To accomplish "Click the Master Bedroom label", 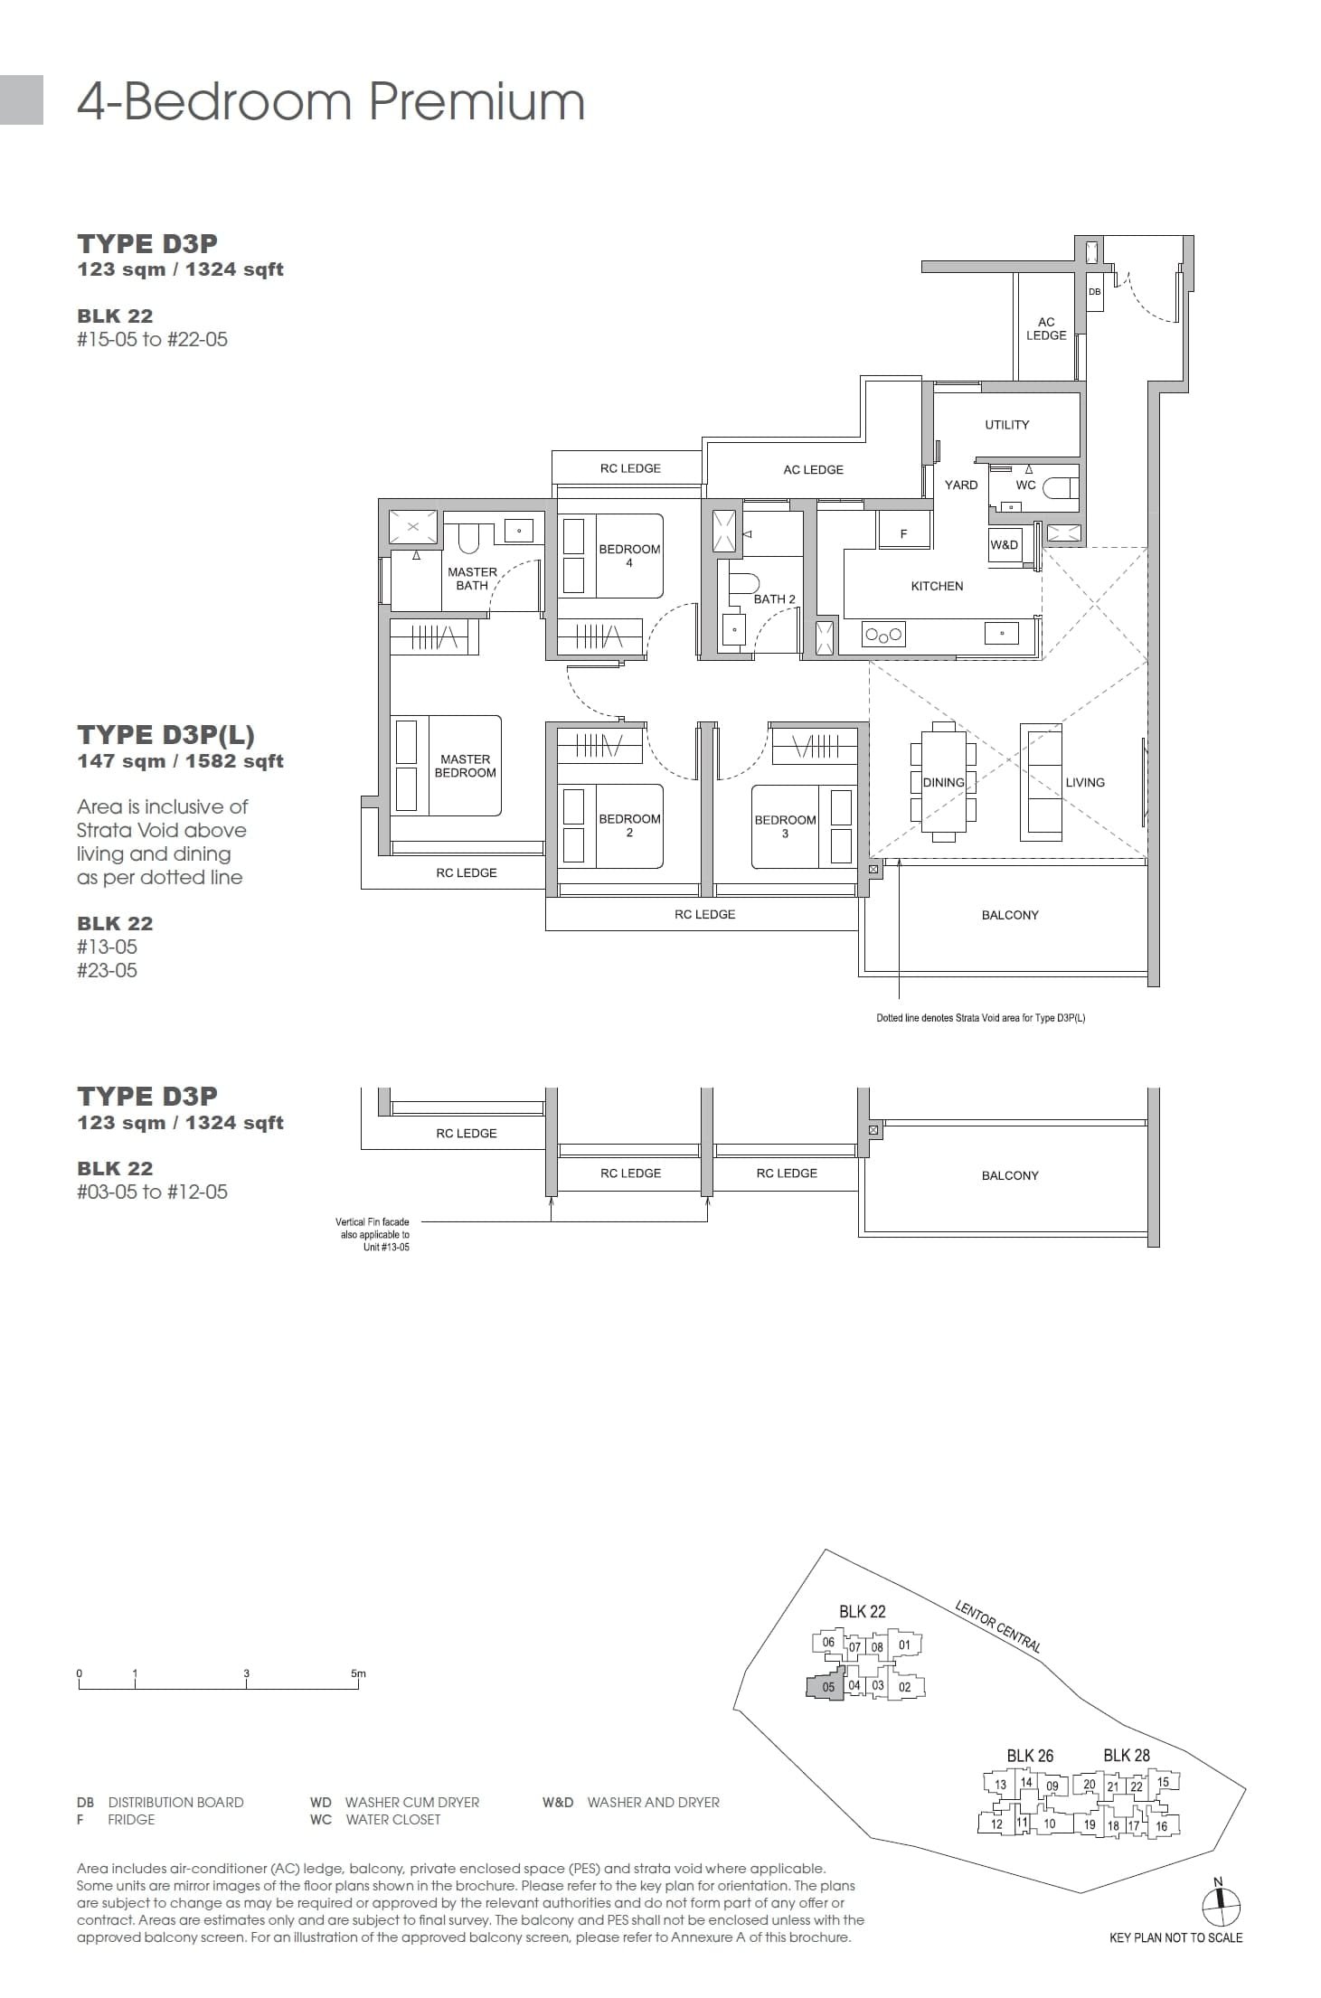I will click(x=465, y=766).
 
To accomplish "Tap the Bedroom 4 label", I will click(x=629, y=555).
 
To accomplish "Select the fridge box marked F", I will click(x=903, y=533).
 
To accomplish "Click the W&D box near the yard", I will click(x=1004, y=545).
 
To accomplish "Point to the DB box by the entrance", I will click(x=1094, y=292).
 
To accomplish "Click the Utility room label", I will click(x=1006, y=425).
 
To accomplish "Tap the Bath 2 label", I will click(x=774, y=598).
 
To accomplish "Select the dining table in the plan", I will click(x=943, y=782).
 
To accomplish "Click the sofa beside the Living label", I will click(x=1041, y=782).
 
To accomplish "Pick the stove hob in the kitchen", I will click(x=883, y=635).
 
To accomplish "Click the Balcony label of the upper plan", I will click(x=1010, y=915).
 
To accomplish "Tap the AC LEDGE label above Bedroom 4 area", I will click(x=813, y=469).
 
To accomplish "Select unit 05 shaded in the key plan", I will click(x=826, y=1686).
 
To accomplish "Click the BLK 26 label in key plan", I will click(x=1030, y=1755).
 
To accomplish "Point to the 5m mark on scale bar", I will click(x=358, y=1673).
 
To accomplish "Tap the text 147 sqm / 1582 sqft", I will click(x=180, y=760).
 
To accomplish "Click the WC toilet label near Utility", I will click(x=1025, y=485).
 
